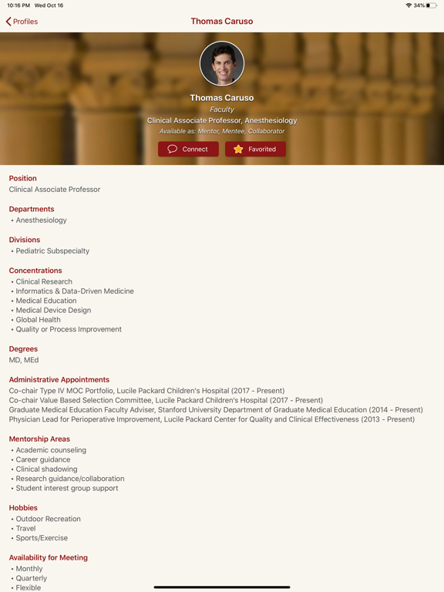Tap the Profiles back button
click(22, 22)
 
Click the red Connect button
click(188, 149)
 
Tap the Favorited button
click(255, 149)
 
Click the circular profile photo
click(222, 63)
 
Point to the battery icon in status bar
click(432, 5)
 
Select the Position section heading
click(23, 178)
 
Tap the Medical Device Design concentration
click(53, 310)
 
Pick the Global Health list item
click(38, 320)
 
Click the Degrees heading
click(23, 349)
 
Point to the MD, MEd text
click(24, 360)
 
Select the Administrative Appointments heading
click(59, 379)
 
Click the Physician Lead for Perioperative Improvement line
click(211, 419)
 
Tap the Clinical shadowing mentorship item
click(46, 469)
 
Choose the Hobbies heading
click(23, 508)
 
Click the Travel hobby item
click(25, 528)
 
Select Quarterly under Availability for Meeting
click(31, 578)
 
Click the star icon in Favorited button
click(238, 149)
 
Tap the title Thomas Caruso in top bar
click(222, 22)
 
